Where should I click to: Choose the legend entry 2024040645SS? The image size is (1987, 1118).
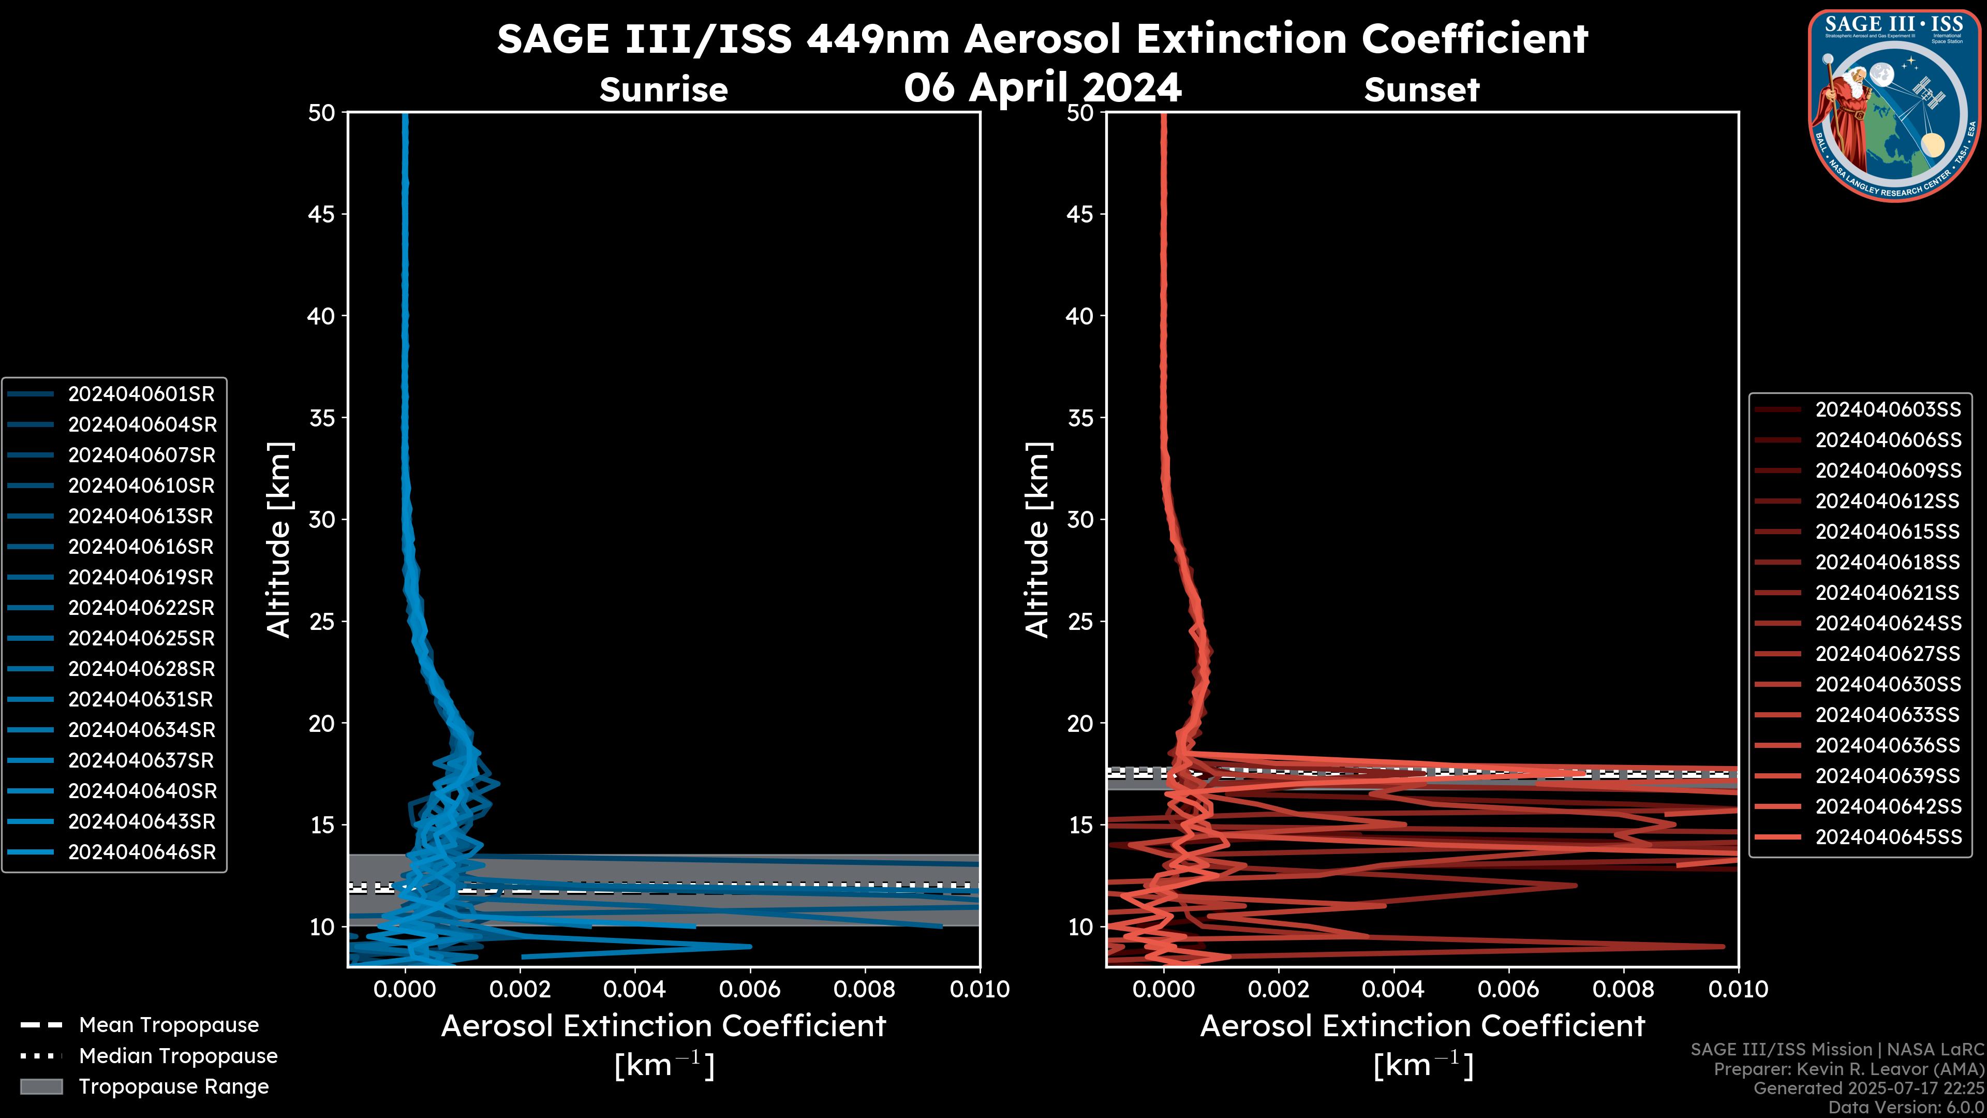pyautogui.click(x=1888, y=837)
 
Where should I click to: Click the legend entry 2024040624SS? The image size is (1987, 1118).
pyautogui.click(x=1888, y=623)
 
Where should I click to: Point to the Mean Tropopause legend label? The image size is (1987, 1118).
pyautogui.click(x=169, y=1025)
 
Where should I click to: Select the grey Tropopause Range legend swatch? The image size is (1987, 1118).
pyautogui.click(x=41, y=1087)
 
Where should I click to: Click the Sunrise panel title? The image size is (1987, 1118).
pyautogui.click(x=663, y=90)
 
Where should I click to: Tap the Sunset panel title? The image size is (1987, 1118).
pyautogui.click(x=1421, y=90)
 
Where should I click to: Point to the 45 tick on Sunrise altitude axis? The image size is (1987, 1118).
pyautogui.click(x=322, y=214)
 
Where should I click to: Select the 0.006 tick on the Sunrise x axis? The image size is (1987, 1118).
pyautogui.click(x=750, y=989)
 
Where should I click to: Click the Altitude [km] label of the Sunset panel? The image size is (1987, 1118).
pyautogui.click(x=1037, y=540)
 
